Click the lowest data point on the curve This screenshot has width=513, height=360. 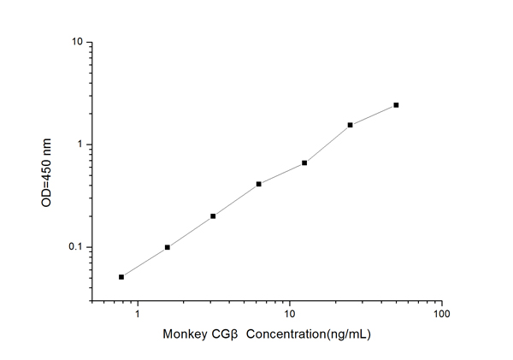point(121,277)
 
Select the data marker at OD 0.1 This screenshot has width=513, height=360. point(168,247)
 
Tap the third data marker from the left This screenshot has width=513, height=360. point(213,216)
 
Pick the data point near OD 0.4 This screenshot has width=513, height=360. point(258,184)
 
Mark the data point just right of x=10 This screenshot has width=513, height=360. point(304,162)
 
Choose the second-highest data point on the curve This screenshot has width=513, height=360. point(351,125)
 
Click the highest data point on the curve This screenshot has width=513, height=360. point(396,105)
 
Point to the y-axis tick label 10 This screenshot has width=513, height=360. point(76,42)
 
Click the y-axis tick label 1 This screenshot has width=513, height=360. point(79,145)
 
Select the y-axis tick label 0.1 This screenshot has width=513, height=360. point(74,248)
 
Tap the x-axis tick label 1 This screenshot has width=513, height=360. point(138,316)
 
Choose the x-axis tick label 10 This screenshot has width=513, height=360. point(290,316)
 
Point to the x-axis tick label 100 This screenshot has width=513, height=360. point(441,316)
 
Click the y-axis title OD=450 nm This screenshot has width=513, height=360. point(48,171)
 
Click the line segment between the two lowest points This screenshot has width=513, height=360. point(144,262)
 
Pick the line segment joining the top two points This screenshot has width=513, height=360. point(374,115)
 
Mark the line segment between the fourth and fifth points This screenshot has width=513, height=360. point(281,173)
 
